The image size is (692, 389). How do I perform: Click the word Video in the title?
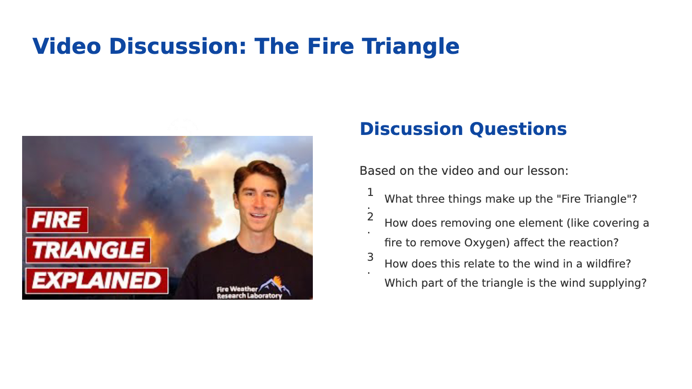pos(67,46)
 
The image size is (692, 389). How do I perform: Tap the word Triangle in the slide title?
pos(410,47)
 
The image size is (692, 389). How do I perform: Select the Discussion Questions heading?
pos(463,129)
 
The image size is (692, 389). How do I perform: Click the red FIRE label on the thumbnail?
pos(57,220)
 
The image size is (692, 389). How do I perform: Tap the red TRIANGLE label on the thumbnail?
pos(88,250)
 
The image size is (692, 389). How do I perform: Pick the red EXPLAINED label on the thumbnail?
pos(97,281)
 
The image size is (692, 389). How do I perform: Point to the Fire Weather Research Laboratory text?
pos(249,292)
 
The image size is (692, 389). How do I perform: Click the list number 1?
pos(370,193)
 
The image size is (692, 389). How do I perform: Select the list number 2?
pos(370,217)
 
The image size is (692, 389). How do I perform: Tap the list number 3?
pos(370,257)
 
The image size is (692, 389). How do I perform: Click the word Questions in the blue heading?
pos(518,129)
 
